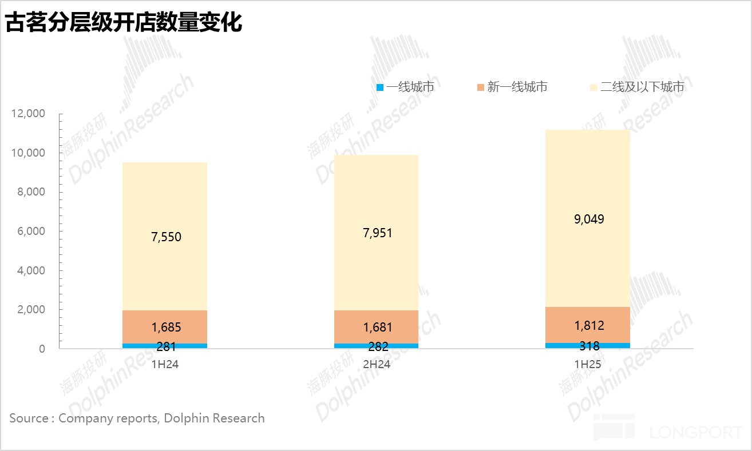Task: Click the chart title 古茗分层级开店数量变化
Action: pos(124,23)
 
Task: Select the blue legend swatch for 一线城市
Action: pos(379,87)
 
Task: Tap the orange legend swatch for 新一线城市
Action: pos(480,87)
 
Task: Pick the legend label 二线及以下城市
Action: pos(642,87)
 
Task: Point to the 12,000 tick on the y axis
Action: pos(28,114)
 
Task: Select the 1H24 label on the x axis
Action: pos(165,364)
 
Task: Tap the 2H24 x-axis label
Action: pos(376,364)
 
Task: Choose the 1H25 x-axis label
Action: pos(588,364)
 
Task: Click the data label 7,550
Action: pos(166,237)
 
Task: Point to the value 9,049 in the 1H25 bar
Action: pos(589,219)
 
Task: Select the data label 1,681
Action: pos(378,328)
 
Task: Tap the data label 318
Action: pos(589,346)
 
